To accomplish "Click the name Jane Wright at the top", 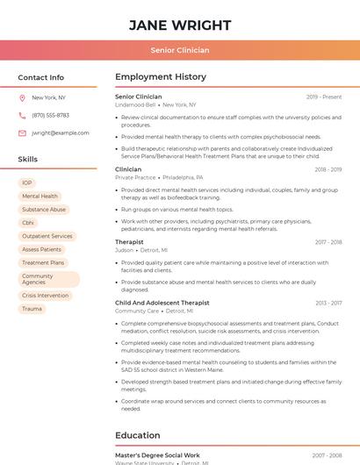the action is [180, 25].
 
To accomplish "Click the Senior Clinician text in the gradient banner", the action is [180, 50].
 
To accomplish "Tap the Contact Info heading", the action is [41, 77].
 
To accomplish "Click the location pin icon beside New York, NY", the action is [22, 97].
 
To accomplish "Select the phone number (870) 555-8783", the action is [50, 115].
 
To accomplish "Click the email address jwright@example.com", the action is [61, 132].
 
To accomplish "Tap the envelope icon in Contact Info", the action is [22, 132].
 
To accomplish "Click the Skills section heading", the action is [28, 159].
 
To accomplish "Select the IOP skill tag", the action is [27, 182].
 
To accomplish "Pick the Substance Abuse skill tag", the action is [44, 210].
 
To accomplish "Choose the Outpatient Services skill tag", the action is [47, 236].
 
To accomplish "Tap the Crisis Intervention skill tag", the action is [46, 296].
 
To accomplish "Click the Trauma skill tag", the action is [32, 309].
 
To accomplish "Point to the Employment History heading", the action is [161, 77].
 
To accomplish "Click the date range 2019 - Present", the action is [324, 97].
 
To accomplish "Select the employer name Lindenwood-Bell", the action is [135, 104].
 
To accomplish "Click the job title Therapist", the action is [129, 241].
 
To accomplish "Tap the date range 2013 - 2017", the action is [328, 303].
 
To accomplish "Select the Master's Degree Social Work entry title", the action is [157, 455].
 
